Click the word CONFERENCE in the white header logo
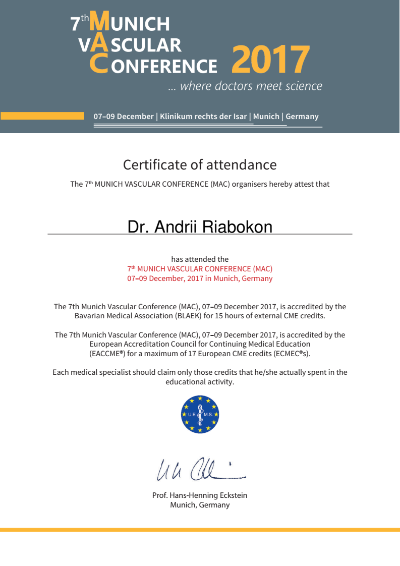click(x=164, y=66)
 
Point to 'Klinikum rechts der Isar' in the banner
click(x=203, y=117)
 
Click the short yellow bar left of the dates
click(x=42, y=116)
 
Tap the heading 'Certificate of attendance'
click(x=200, y=164)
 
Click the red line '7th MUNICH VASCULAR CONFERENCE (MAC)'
click(x=200, y=269)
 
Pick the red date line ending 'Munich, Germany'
click(x=200, y=278)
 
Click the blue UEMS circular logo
click(x=200, y=414)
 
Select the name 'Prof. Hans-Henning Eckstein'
click(x=200, y=495)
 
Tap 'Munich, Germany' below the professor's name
click(x=200, y=505)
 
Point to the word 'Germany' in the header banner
click(x=302, y=117)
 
